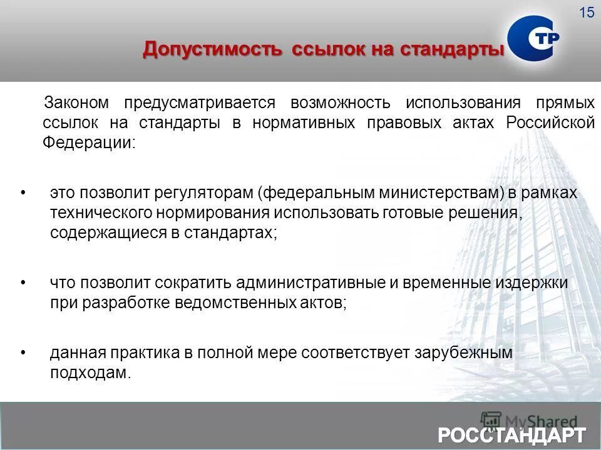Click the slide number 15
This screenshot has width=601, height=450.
[x=587, y=12]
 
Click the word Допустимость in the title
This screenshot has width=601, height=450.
[x=212, y=49]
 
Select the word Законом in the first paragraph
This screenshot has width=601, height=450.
[x=76, y=102]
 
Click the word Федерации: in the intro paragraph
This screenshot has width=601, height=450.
[x=88, y=142]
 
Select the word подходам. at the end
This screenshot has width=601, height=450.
[x=91, y=373]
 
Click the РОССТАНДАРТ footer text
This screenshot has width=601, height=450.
[x=512, y=434]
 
